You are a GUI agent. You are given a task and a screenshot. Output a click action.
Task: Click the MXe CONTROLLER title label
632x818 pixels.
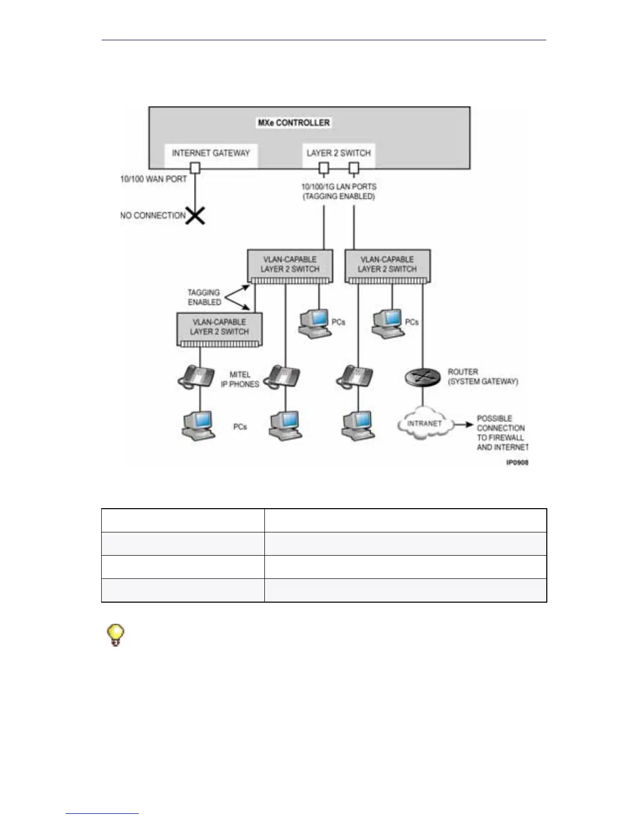(x=293, y=123)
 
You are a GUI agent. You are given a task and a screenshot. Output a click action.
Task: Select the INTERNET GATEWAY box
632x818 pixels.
(x=211, y=153)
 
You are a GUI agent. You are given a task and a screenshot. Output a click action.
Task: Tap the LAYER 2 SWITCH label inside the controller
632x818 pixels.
(x=338, y=153)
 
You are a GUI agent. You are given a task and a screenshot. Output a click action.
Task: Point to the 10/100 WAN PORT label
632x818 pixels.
(x=153, y=179)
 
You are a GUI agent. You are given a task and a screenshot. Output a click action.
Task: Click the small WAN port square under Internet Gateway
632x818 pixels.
(x=195, y=168)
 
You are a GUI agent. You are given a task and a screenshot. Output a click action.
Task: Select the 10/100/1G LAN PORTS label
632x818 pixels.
(x=339, y=186)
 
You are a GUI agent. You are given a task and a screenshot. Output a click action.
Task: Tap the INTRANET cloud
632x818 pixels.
(x=424, y=423)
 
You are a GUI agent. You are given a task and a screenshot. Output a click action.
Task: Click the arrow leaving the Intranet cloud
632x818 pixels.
(x=463, y=424)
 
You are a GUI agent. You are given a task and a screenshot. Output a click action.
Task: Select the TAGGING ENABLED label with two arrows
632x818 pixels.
(x=204, y=297)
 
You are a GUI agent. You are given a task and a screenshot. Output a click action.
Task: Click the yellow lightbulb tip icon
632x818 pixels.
(x=116, y=635)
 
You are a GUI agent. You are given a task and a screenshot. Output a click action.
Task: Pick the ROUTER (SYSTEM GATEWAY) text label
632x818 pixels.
(x=482, y=376)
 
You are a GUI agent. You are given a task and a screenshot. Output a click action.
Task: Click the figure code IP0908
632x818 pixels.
(x=517, y=463)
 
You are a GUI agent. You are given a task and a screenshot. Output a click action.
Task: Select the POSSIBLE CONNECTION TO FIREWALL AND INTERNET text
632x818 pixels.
(x=501, y=433)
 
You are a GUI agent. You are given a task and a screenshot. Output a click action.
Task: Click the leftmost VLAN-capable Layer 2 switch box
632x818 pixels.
(x=219, y=327)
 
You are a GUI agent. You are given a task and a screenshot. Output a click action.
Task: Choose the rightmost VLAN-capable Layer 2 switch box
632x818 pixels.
(x=387, y=265)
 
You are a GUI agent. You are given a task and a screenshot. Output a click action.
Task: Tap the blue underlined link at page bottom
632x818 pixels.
(x=102, y=813)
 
